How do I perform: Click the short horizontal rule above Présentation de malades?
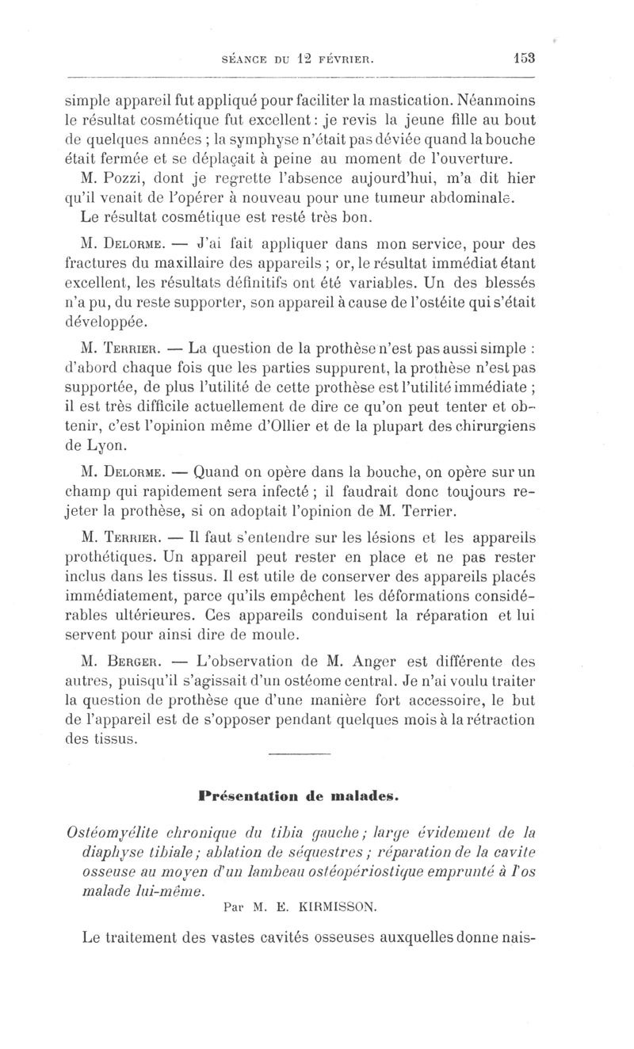coord(298,753)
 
